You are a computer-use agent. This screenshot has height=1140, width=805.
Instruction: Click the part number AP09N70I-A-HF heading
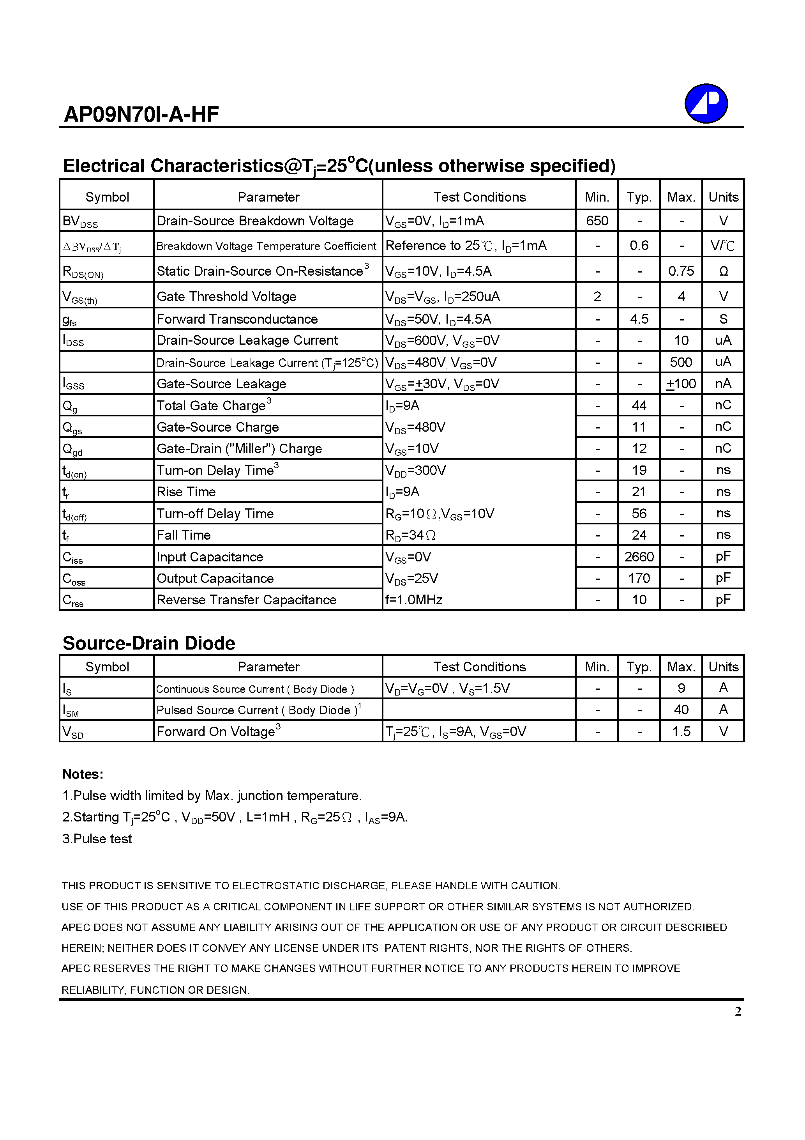pyautogui.click(x=141, y=115)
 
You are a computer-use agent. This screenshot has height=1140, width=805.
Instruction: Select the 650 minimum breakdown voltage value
pyautogui.click(x=597, y=221)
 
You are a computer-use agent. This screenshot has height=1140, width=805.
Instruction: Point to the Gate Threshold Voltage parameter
pyautogui.click(x=226, y=296)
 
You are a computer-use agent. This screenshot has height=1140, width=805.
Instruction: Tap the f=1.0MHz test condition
pyautogui.click(x=414, y=600)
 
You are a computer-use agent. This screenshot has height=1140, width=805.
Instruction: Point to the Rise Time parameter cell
pyautogui.click(x=186, y=492)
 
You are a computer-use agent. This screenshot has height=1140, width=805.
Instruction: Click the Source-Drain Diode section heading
pyautogui.click(x=149, y=643)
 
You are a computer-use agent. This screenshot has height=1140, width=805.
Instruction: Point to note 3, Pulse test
pyautogui.click(x=97, y=839)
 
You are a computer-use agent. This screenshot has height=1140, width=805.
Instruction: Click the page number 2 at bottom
pyautogui.click(x=738, y=1011)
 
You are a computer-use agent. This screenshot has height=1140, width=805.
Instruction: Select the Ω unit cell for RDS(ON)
pyautogui.click(x=723, y=271)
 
